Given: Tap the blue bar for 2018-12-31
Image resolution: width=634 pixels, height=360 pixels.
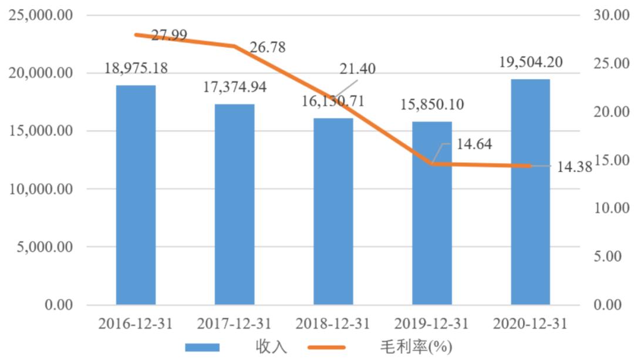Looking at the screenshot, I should [333, 211].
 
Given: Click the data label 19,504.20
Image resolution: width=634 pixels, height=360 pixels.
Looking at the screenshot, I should [530, 61].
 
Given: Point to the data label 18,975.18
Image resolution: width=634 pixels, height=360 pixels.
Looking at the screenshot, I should [136, 68].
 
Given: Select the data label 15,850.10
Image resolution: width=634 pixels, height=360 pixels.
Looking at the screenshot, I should [431, 105].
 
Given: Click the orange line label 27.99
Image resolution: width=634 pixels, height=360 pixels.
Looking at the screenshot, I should [169, 35].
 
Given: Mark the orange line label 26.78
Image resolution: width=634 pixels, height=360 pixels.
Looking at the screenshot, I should [267, 48].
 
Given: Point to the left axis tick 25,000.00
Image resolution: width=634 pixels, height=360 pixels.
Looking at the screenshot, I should [39, 15].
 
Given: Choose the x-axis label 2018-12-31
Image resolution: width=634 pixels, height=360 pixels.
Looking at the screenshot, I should [333, 324].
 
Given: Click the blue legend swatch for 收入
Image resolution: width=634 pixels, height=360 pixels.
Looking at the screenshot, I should [202, 347].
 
